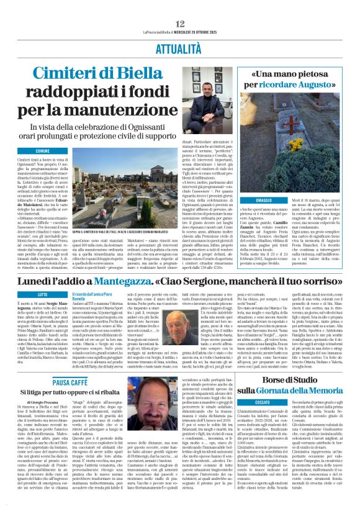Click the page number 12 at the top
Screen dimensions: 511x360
click(x=180, y=7)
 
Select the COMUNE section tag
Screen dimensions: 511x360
click(x=43, y=151)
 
